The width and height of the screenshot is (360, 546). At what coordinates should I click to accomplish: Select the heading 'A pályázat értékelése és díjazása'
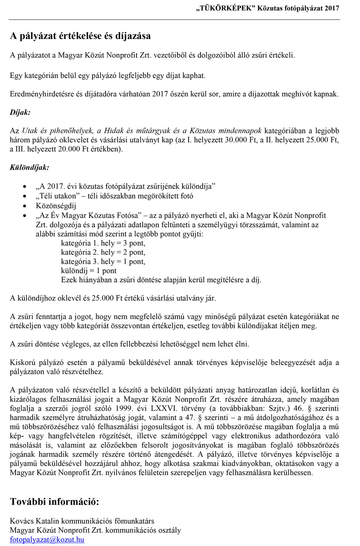pyautogui.click(x=80, y=36)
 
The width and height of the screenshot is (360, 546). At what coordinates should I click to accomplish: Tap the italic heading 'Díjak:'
pyautogui.click(x=20, y=112)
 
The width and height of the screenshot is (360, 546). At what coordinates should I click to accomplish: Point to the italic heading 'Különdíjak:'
pyautogui.click(x=30, y=168)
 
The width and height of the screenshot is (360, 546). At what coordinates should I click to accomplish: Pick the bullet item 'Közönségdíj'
pyautogui.click(x=56, y=206)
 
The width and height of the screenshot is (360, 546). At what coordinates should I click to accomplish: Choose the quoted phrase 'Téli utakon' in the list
pyautogui.click(x=58, y=196)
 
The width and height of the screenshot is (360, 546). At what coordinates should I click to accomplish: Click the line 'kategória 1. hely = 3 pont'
pyautogui.click(x=103, y=243)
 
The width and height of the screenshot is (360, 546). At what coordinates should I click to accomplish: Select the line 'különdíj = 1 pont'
pyautogui.click(x=89, y=271)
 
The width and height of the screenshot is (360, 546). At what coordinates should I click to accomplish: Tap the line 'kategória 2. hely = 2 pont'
pyautogui.click(x=103, y=252)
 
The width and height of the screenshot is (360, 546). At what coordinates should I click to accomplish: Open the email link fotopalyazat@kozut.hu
pyautogui.click(x=47, y=540)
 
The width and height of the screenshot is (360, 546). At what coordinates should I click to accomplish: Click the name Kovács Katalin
pyautogui.click(x=35, y=521)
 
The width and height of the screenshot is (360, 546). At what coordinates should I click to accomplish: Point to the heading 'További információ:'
pyautogui.click(x=54, y=502)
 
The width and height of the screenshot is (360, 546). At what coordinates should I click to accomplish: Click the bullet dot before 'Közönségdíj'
pyautogui.click(x=24, y=206)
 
